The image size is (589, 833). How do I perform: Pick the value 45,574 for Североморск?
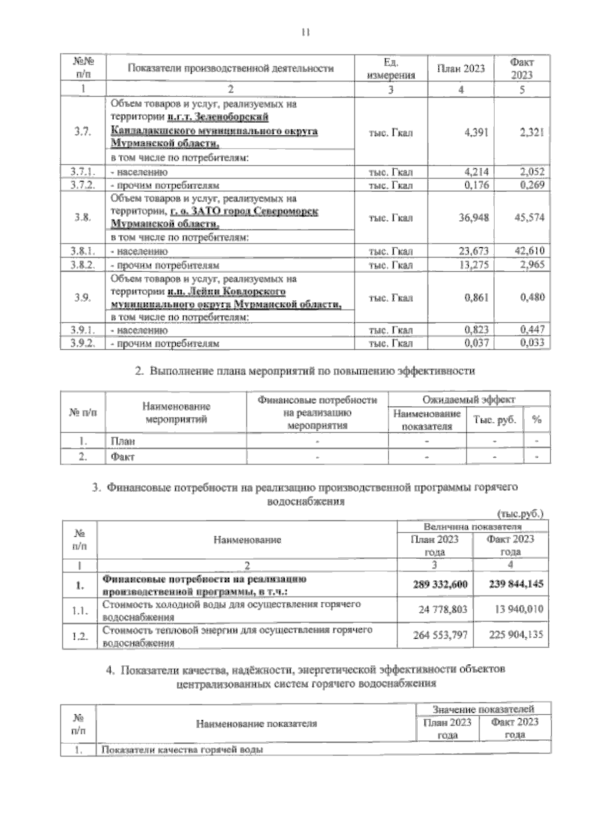coord(529,217)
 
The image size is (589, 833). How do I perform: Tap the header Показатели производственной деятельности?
coord(230,68)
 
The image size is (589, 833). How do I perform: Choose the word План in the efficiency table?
coord(123,441)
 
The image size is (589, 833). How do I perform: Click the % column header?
coord(536,420)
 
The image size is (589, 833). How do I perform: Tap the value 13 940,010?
coord(515,610)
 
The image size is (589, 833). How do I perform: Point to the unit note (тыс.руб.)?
coord(520,514)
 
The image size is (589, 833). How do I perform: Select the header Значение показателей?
coord(483,709)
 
